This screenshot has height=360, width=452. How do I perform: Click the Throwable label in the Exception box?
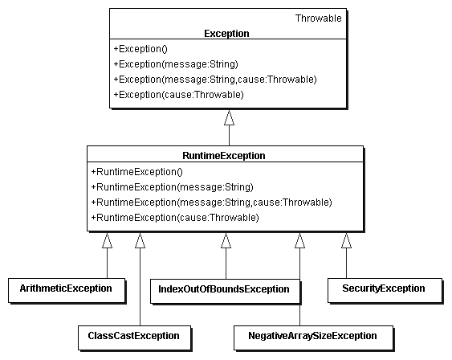click(x=318, y=18)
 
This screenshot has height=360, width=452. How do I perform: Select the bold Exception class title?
click(x=226, y=34)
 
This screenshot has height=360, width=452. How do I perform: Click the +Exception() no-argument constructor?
click(x=140, y=49)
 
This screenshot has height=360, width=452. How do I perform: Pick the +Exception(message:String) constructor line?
click(x=176, y=64)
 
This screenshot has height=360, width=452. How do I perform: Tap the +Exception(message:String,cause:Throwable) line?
click(x=215, y=80)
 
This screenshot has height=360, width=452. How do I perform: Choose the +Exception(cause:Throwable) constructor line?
click(x=179, y=95)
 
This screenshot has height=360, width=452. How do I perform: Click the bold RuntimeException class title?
click(x=224, y=156)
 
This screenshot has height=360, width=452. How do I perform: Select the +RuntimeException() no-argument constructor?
click(x=137, y=172)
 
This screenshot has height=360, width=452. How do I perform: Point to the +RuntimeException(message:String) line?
click(x=173, y=187)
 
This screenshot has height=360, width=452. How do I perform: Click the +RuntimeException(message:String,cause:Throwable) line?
click(x=212, y=202)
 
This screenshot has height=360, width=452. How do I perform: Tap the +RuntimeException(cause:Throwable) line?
click(x=175, y=218)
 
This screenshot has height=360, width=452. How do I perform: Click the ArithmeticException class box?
click(x=67, y=290)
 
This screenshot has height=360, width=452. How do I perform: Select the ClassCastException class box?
click(x=135, y=338)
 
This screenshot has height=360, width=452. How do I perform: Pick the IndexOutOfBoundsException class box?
click(x=225, y=291)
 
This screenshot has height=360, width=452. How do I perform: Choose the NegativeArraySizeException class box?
click(x=314, y=338)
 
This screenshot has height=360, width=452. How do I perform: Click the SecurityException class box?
click(x=385, y=290)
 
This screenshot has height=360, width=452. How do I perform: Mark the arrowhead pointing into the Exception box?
click(x=229, y=117)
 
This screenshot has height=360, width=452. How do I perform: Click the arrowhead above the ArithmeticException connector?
click(x=107, y=240)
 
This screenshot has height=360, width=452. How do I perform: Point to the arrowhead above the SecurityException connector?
click(x=346, y=240)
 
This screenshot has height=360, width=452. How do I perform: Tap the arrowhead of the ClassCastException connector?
click(x=140, y=240)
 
